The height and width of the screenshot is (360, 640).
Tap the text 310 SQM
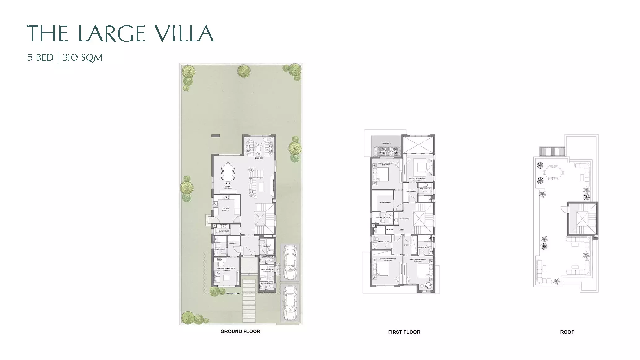point(82,58)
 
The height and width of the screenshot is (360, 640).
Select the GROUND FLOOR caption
point(240,331)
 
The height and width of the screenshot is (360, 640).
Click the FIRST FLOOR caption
point(404,332)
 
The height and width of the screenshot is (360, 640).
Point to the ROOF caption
point(567,332)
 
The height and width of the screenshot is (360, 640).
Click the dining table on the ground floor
point(228,173)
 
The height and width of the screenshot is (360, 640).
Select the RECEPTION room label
point(259,157)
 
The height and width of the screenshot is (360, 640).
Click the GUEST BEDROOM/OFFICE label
point(226,269)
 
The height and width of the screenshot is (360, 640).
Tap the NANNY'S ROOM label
point(266,245)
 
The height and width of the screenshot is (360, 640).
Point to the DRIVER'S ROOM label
point(267,270)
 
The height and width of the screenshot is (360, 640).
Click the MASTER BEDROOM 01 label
point(385,163)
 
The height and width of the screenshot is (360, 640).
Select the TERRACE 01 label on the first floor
point(386,143)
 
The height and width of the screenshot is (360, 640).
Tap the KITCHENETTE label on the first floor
point(404,219)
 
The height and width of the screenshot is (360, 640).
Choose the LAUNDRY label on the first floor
point(390,230)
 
